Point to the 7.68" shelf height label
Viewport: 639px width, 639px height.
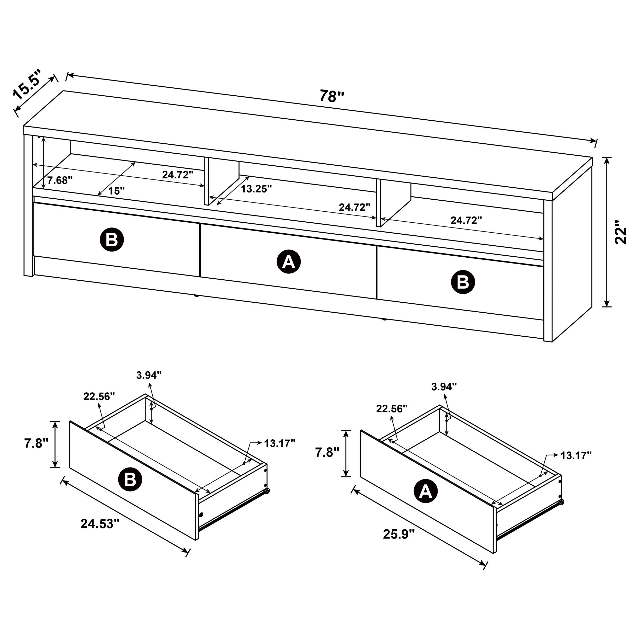coord(60,181)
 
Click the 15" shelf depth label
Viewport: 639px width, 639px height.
coord(116,191)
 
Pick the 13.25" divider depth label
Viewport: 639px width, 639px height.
coord(256,189)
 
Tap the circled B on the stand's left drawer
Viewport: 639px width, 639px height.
coord(112,239)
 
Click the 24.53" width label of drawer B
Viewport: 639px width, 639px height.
coord(100,523)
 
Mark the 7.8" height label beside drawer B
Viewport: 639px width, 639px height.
coord(36,443)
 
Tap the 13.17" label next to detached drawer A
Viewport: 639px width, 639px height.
coord(576,455)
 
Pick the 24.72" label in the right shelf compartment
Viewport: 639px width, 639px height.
coord(466,221)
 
